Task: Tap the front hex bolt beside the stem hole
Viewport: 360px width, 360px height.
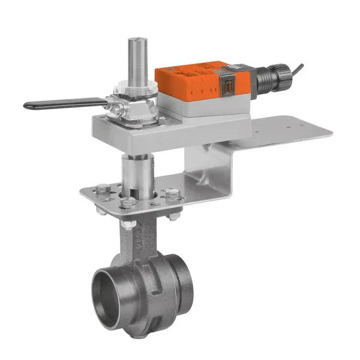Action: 127,202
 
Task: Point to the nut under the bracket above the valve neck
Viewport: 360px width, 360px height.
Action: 128,224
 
